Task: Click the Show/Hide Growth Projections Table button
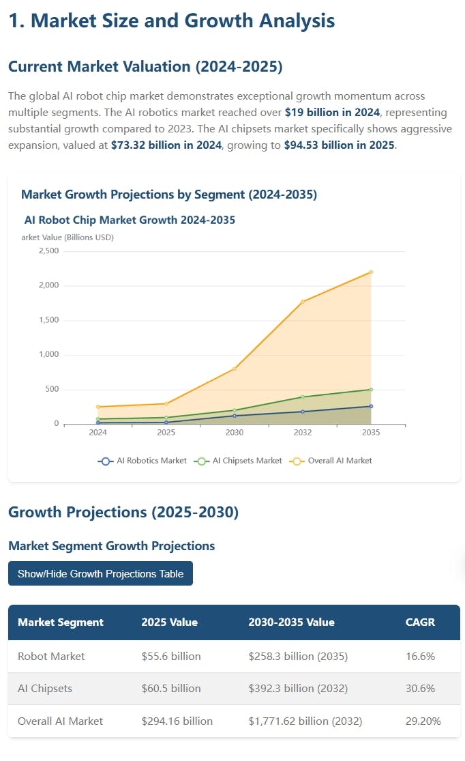100,573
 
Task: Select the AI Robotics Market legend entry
142,461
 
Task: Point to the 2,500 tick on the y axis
48,251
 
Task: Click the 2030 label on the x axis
235,433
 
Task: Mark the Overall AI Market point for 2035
371,272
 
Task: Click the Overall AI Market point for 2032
303,302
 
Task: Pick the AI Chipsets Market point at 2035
371,389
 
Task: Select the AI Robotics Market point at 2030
235,416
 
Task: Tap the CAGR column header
420,622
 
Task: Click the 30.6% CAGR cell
420,689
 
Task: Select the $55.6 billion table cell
170,656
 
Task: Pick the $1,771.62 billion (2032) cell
305,721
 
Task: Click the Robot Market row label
51,656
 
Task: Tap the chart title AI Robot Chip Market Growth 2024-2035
130,220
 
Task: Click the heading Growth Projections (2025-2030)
123,512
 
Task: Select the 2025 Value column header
169,622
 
